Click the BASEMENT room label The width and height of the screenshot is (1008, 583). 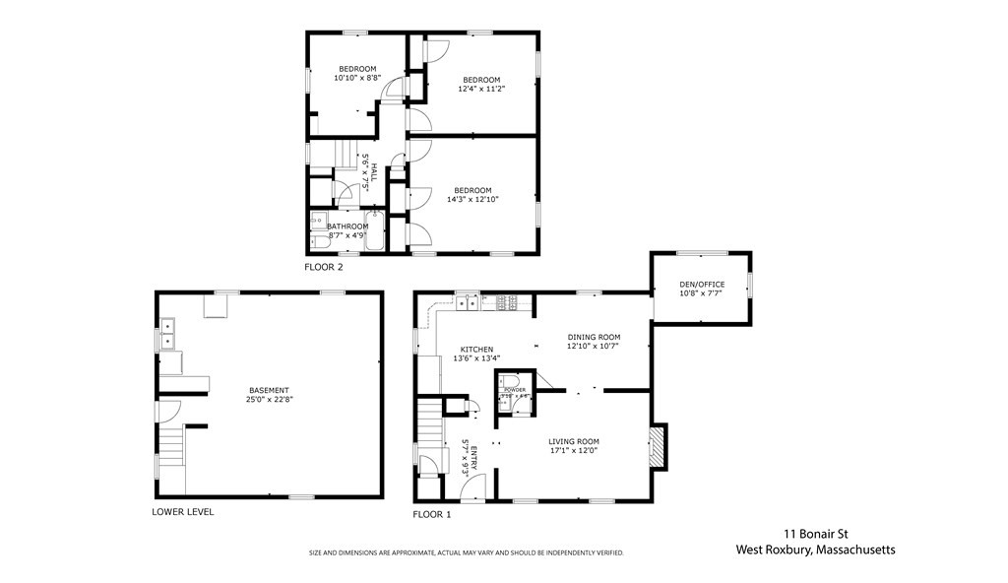tap(269, 390)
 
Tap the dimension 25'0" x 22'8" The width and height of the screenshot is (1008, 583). tap(269, 400)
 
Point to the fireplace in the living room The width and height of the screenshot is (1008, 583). tap(658, 446)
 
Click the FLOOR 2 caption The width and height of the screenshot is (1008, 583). tap(324, 267)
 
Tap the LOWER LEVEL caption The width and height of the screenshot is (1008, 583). tap(182, 512)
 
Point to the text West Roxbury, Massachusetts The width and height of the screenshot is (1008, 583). tap(816, 551)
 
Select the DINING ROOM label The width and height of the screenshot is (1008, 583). tap(594, 337)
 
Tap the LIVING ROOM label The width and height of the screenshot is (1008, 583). tap(574, 441)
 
